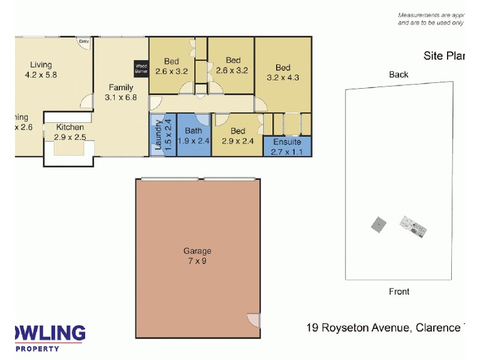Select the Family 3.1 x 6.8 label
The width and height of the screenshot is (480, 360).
121,92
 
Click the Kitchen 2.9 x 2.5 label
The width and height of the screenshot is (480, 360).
70,133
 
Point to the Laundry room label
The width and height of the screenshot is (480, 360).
162,135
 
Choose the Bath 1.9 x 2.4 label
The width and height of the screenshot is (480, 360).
193,136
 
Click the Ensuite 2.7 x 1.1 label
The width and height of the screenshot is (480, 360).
287,146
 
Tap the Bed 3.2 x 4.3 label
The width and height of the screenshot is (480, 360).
283,72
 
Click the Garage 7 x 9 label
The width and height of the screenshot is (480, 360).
197,256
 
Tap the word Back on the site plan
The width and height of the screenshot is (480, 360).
398,74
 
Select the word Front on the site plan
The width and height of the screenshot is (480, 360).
399,292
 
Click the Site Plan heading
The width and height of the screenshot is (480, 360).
444,56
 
